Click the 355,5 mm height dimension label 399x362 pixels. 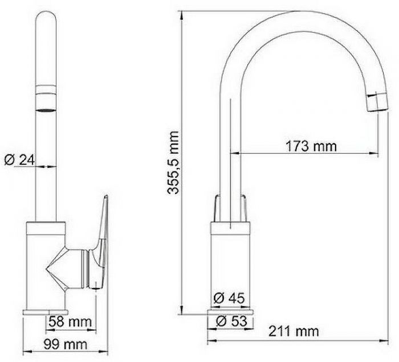click(x=173, y=163)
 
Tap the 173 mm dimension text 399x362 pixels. click(x=311, y=147)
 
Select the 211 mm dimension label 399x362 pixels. click(x=294, y=331)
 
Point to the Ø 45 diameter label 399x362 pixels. click(x=229, y=298)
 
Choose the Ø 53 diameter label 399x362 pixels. click(x=231, y=321)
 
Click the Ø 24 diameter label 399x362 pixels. click(x=19, y=160)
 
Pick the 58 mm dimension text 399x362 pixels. click(x=70, y=322)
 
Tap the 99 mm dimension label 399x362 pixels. click(x=65, y=344)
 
